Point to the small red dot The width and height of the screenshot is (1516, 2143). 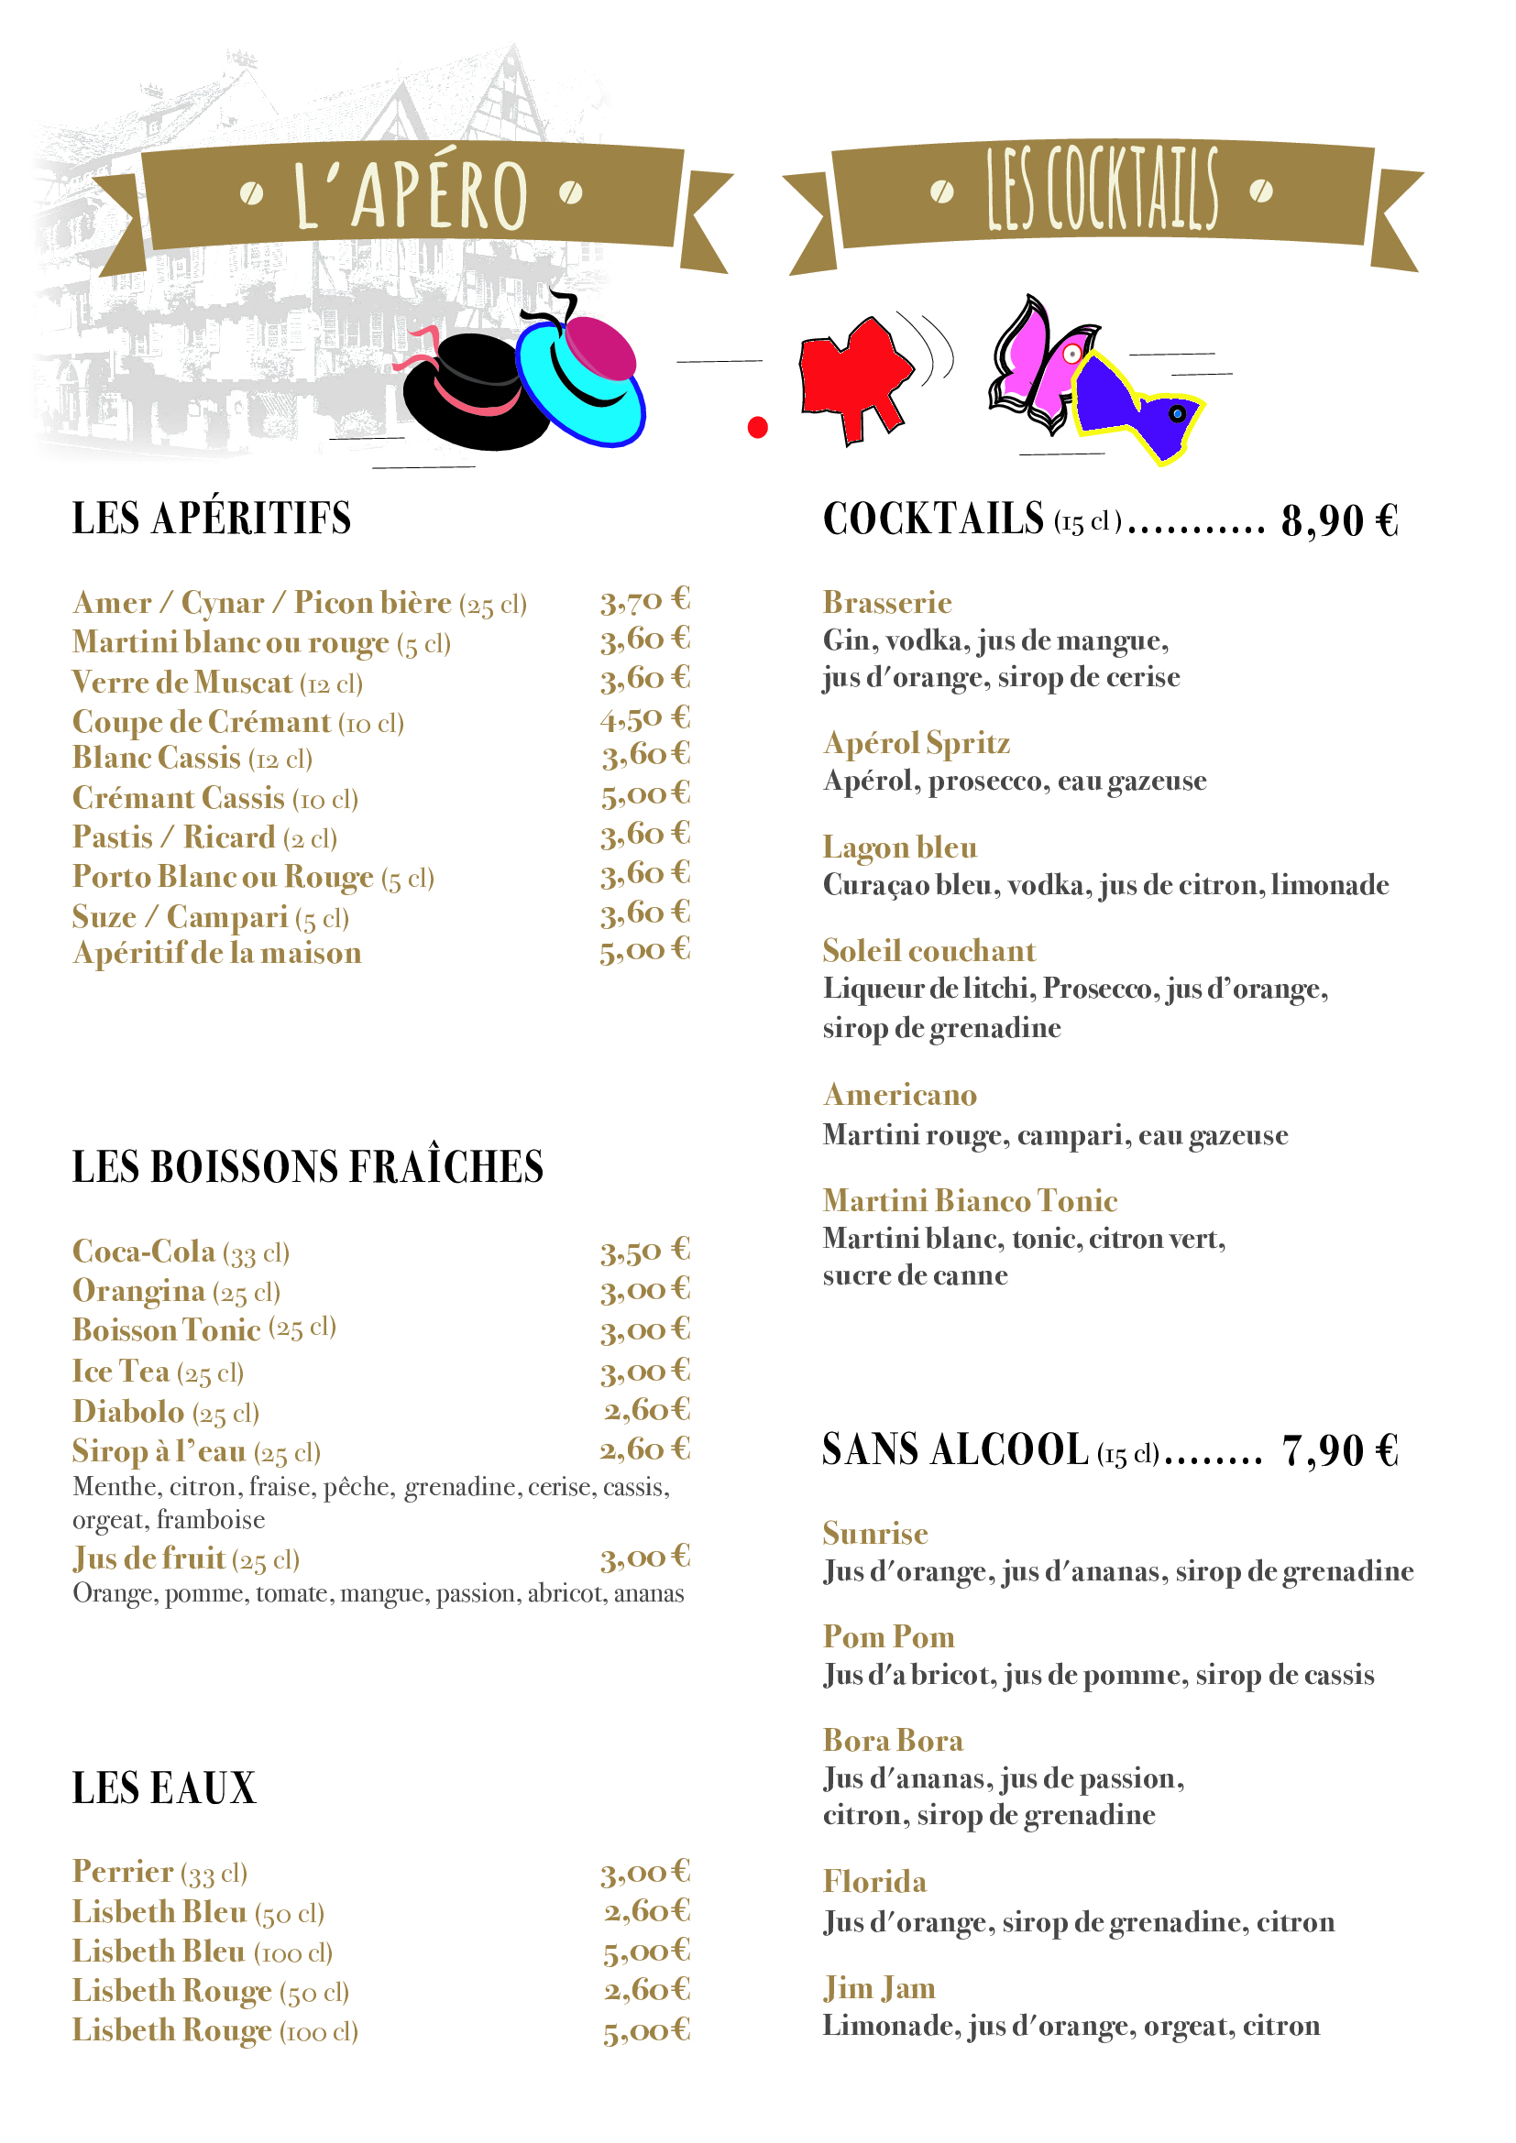[x=758, y=428]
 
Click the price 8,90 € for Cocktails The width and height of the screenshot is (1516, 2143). [x=1340, y=520]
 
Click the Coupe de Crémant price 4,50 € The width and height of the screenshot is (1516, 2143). [x=644, y=719]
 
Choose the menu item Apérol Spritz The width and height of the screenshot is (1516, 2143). [x=917, y=744]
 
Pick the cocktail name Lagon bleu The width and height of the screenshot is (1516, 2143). [x=900, y=847]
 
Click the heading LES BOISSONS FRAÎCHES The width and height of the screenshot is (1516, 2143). [x=308, y=1166]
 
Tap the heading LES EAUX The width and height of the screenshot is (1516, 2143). [x=164, y=1788]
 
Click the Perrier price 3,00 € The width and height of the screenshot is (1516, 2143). [x=644, y=1873]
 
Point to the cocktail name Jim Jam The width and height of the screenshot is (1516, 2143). [x=879, y=1988]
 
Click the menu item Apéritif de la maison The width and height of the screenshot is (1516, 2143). [x=217, y=953]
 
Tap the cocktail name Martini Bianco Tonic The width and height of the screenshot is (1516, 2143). [x=970, y=1201]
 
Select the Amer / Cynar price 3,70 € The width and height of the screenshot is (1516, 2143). [x=644, y=601]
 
